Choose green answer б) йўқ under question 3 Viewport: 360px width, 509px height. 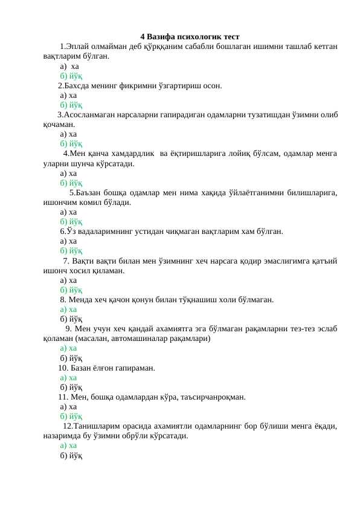pos(71,144)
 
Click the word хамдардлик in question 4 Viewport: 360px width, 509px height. pos(131,154)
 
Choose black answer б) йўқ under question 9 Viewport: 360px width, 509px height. pos(71,358)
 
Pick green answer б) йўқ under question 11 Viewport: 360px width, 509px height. pos(71,416)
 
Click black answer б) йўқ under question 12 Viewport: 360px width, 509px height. pos(71,455)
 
